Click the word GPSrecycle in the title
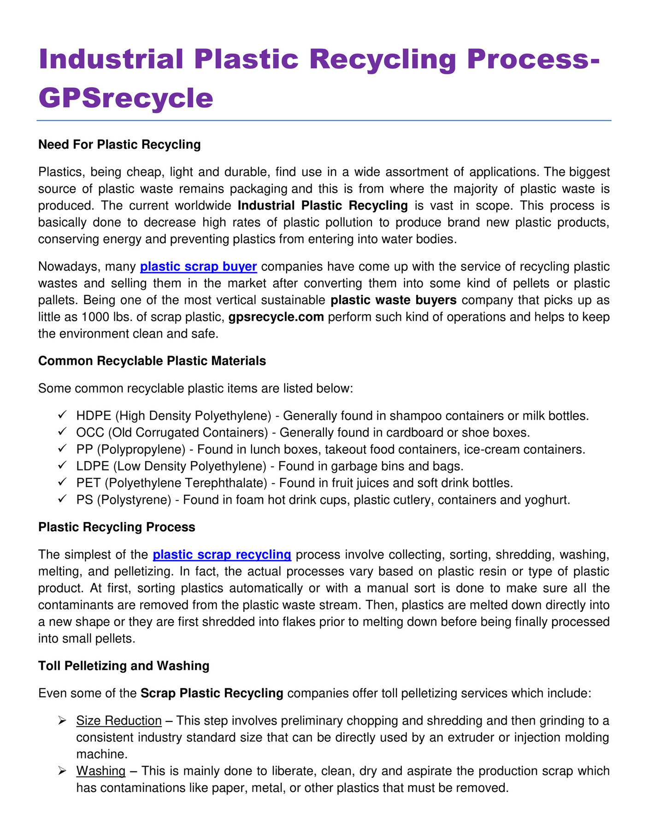(126, 98)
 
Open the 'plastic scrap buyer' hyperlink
(198, 267)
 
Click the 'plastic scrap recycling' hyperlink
(222, 555)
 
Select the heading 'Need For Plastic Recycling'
(119, 145)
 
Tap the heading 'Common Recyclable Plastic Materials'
(152, 361)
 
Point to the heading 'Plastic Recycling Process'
(117, 527)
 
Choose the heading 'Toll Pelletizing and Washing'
(124, 666)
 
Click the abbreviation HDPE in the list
(94, 416)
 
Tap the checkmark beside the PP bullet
(63, 449)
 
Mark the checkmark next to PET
(63, 483)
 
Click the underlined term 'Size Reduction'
(119, 721)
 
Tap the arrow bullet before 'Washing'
(63, 771)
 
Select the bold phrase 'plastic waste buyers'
(394, 300)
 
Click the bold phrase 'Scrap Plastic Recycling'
(212, 693)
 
